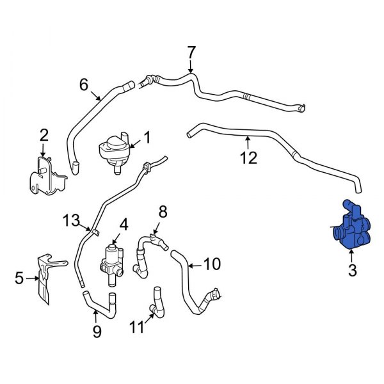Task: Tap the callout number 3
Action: [351, 272]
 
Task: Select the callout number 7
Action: [190, 52]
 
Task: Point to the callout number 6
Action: [84, 84]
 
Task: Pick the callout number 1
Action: [147, 137]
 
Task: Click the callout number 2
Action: [44, 134]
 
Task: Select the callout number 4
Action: [124, 224]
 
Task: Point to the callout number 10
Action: [211, 263]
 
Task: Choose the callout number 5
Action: [19, 278]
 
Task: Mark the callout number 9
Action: [97, 330]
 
